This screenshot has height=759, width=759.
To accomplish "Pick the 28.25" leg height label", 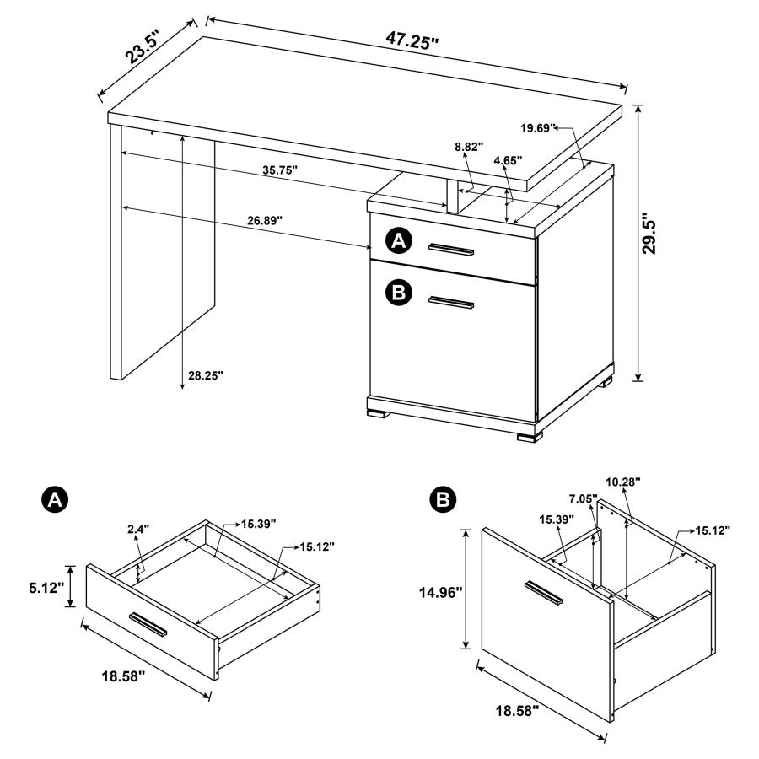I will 206,375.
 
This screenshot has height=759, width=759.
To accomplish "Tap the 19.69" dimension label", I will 539,128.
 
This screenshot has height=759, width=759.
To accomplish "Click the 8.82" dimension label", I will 469,147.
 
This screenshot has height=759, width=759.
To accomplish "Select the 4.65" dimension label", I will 508,159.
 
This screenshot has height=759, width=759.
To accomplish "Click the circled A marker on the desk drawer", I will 398,242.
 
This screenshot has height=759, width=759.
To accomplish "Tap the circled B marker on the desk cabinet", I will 398,292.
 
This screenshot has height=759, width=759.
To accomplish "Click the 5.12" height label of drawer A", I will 45,586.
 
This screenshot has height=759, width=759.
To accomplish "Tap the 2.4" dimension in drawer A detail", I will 137,530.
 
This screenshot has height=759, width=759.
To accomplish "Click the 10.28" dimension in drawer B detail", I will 623,481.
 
